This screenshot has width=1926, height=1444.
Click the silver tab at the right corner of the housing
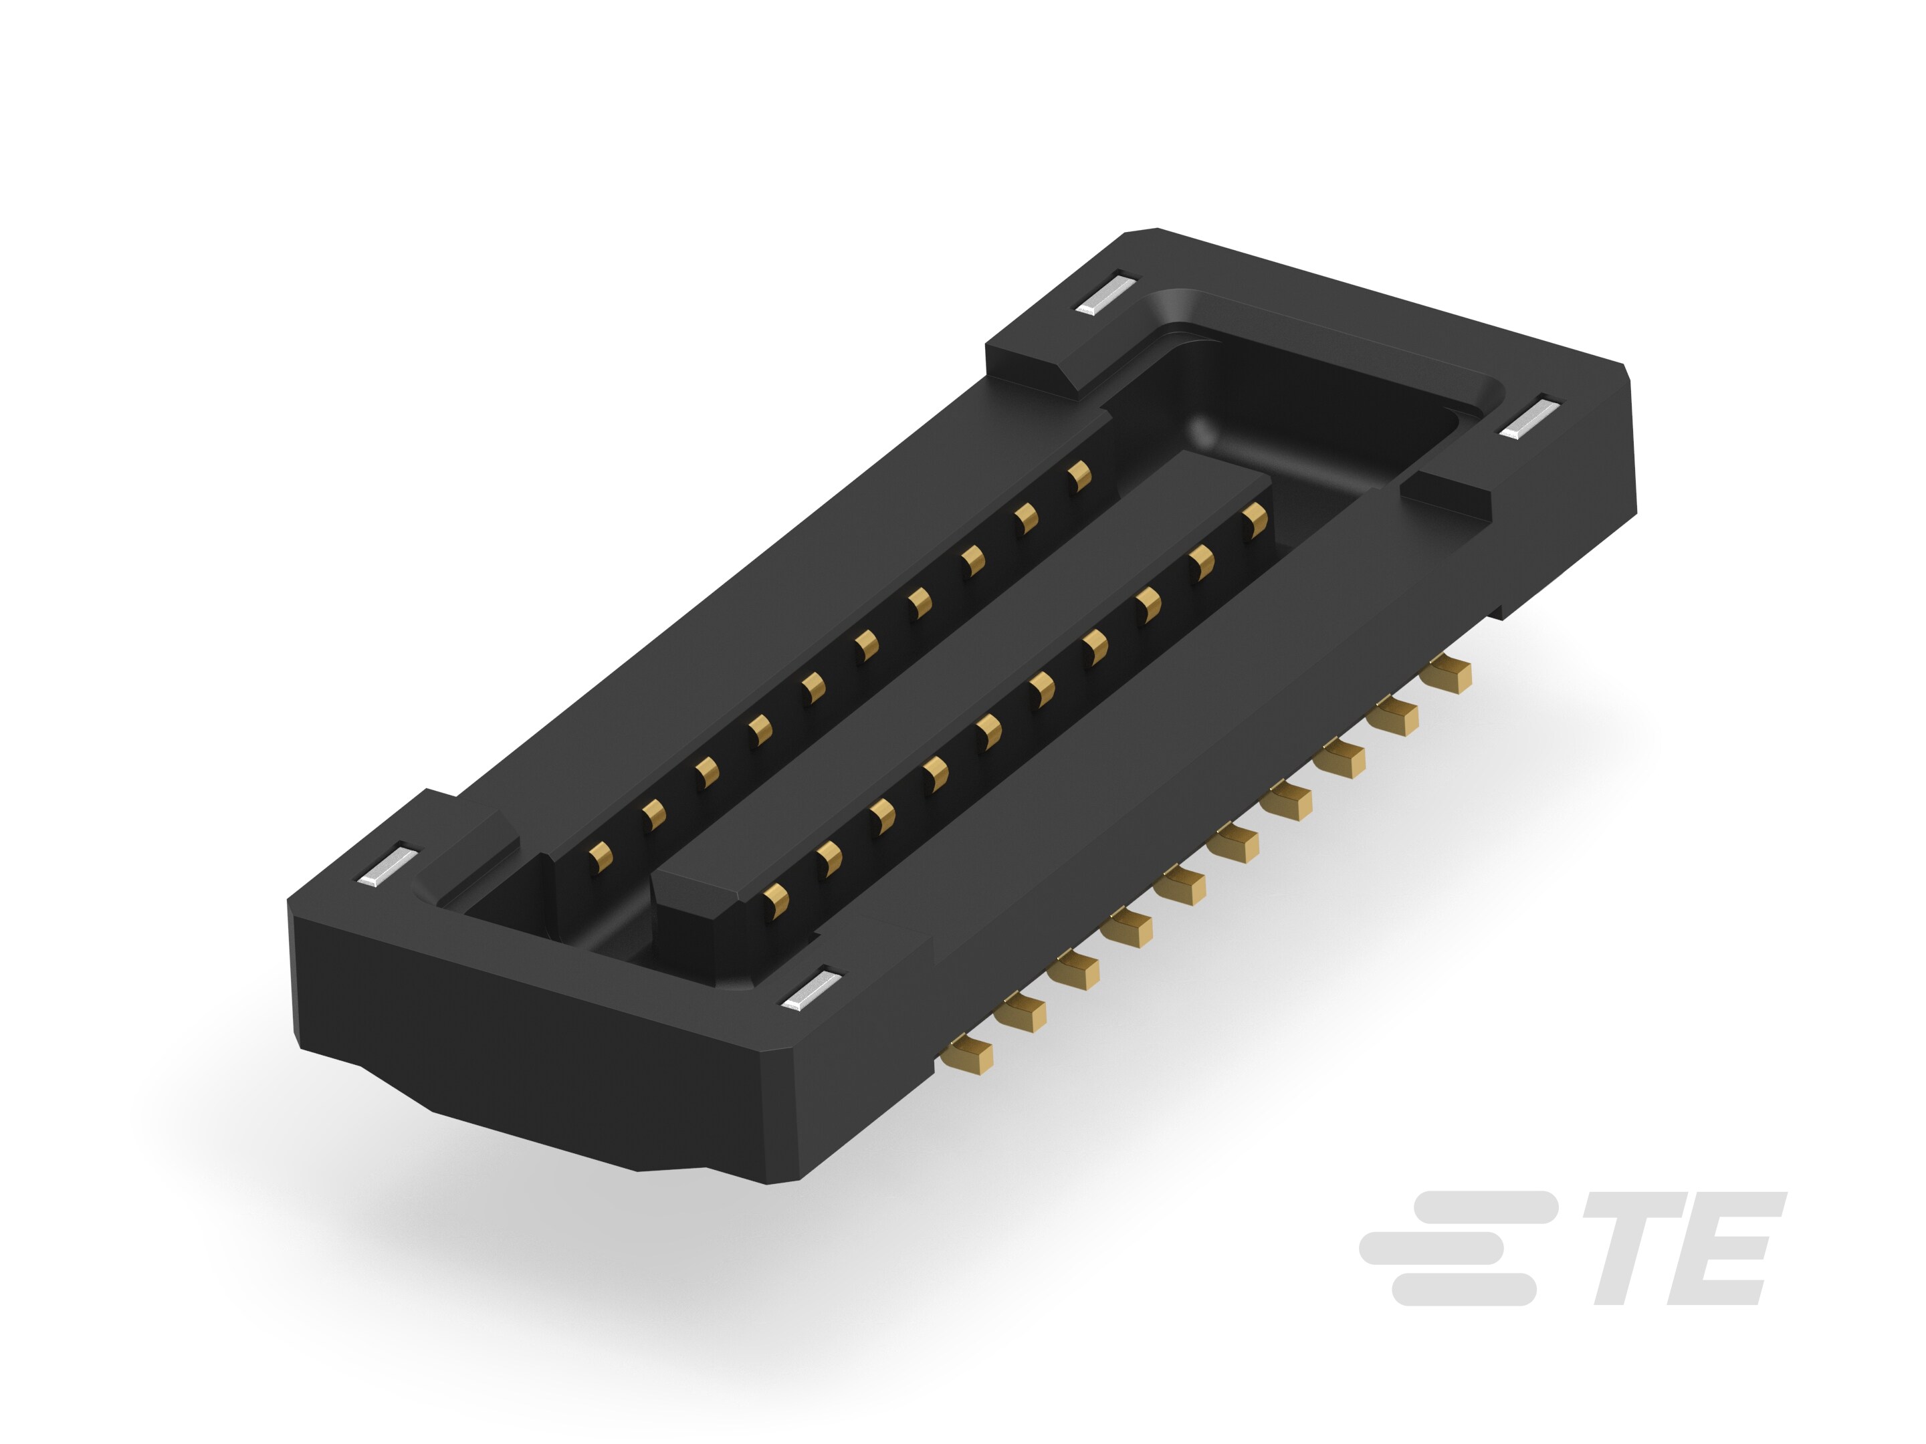[1528, 418]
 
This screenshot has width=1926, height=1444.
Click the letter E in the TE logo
[1728, 1248]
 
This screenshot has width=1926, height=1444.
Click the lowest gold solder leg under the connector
[968, 1055]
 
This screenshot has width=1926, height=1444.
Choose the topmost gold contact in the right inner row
[1255, 519]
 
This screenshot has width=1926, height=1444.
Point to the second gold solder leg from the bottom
[1021, 1014]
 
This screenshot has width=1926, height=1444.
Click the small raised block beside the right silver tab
[1445, 498]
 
